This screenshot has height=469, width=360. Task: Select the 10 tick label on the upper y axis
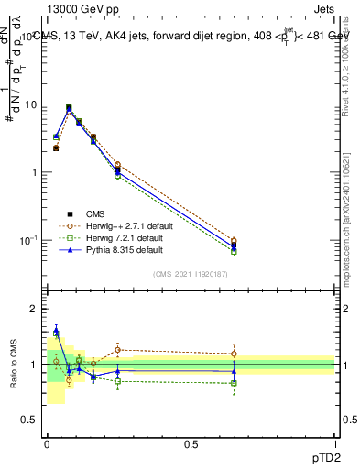click(x=32, y=104)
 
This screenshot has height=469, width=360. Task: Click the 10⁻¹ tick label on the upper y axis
click(x=28, y=239)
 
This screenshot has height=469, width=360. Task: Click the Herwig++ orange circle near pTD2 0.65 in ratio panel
click(x=234, y=354)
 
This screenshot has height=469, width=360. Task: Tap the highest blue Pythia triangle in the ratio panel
click(x=56, y=331)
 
